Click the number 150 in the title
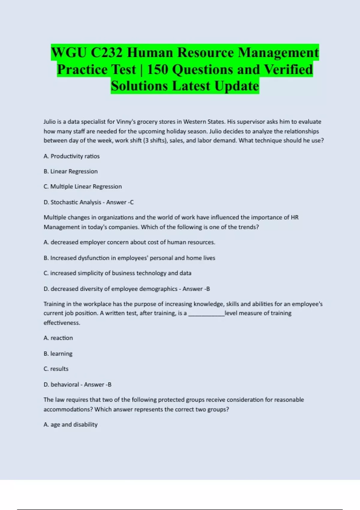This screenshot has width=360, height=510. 157,70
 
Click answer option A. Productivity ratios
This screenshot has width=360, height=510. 71,156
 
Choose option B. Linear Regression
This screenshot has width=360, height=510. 70,171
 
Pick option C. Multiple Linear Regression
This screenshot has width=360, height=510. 82,187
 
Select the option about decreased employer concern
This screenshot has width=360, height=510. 129,242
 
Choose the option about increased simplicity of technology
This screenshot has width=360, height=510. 117,273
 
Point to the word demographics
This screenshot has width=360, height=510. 158,289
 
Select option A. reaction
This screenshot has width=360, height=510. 58,338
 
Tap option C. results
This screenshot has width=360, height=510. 56,369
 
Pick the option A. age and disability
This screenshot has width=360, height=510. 70,425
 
